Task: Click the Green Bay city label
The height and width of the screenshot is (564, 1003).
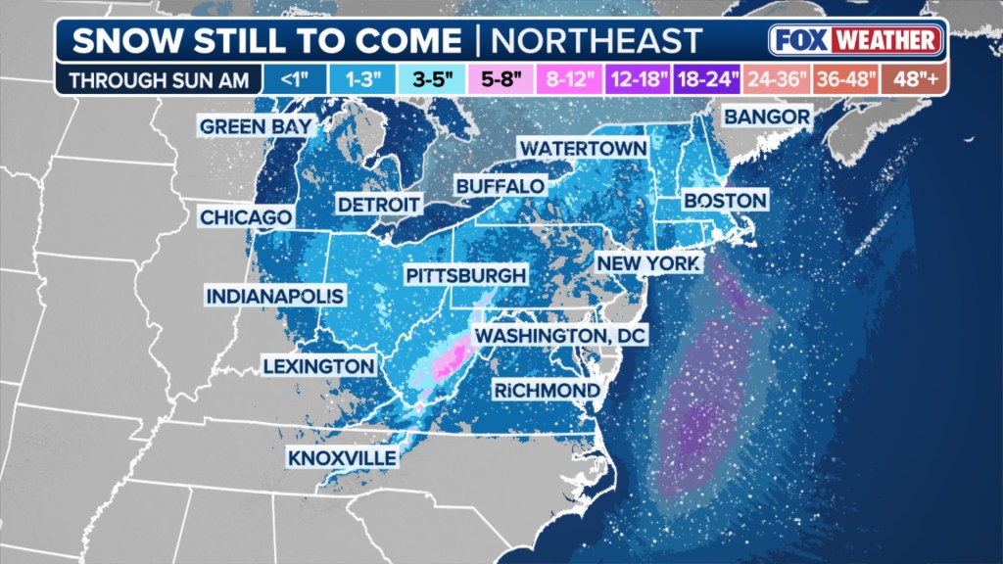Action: tap(256, 126)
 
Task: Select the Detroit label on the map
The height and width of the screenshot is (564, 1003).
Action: tap(378, 205)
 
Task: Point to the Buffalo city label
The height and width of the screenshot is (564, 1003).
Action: tap(500, 186)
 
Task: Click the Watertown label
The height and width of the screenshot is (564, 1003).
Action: tap(583, 148)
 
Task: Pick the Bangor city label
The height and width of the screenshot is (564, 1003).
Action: tap(767, 117)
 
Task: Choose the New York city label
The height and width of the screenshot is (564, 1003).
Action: tap(648, 263)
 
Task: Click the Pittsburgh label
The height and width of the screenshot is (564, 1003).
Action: tap(465, 276)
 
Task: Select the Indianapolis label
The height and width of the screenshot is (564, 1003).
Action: tap(275, 296)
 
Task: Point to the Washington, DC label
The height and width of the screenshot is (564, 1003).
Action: tap(561, 336)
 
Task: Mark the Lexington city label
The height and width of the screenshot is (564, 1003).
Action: tap(318, 366)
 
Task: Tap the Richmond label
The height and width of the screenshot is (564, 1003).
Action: tap(546, 391)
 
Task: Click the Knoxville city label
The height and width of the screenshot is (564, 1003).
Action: tap(342, 457)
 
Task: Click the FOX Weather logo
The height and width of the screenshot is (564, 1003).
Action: tap(855, 40)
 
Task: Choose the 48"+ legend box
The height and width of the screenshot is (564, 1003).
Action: tap(915, 77)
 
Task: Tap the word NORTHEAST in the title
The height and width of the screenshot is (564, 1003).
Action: tap(596, 40)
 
